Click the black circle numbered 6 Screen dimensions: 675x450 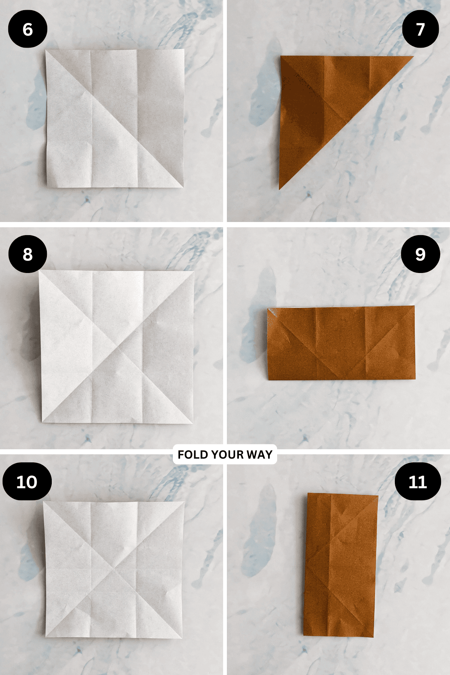[27, 29]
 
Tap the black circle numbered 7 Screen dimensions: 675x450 [420, 29]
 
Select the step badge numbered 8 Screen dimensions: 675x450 [27, 254]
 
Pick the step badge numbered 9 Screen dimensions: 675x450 [420, 254]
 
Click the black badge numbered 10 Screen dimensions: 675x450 [27, 481]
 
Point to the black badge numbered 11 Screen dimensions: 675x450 [418, 481]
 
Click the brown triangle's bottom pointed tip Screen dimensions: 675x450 [279, 189]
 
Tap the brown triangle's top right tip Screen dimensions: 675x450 [413, 57]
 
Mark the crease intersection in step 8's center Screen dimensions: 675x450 [117, 347]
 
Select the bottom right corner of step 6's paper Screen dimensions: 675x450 [183, 187]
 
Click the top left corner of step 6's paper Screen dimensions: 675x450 [46, 50]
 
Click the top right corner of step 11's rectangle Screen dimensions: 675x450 [378, 496]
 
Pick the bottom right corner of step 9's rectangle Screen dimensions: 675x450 [415, 379]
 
